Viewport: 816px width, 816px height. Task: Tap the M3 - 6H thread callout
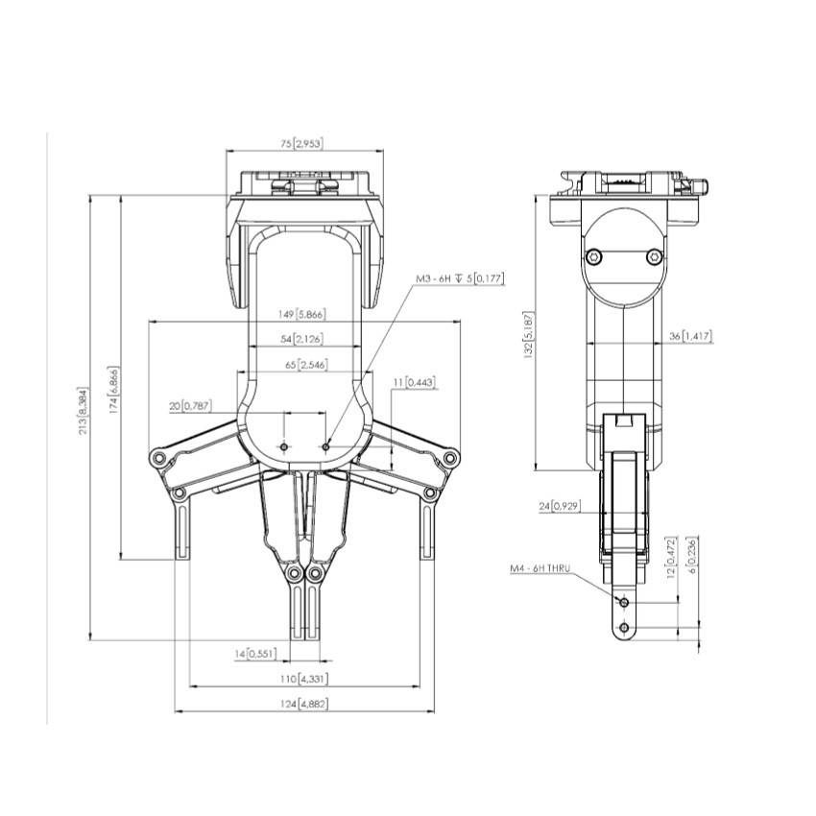point(459,279)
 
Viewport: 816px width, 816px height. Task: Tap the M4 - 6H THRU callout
point(540,569)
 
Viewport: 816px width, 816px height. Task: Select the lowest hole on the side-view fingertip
point(625,627)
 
